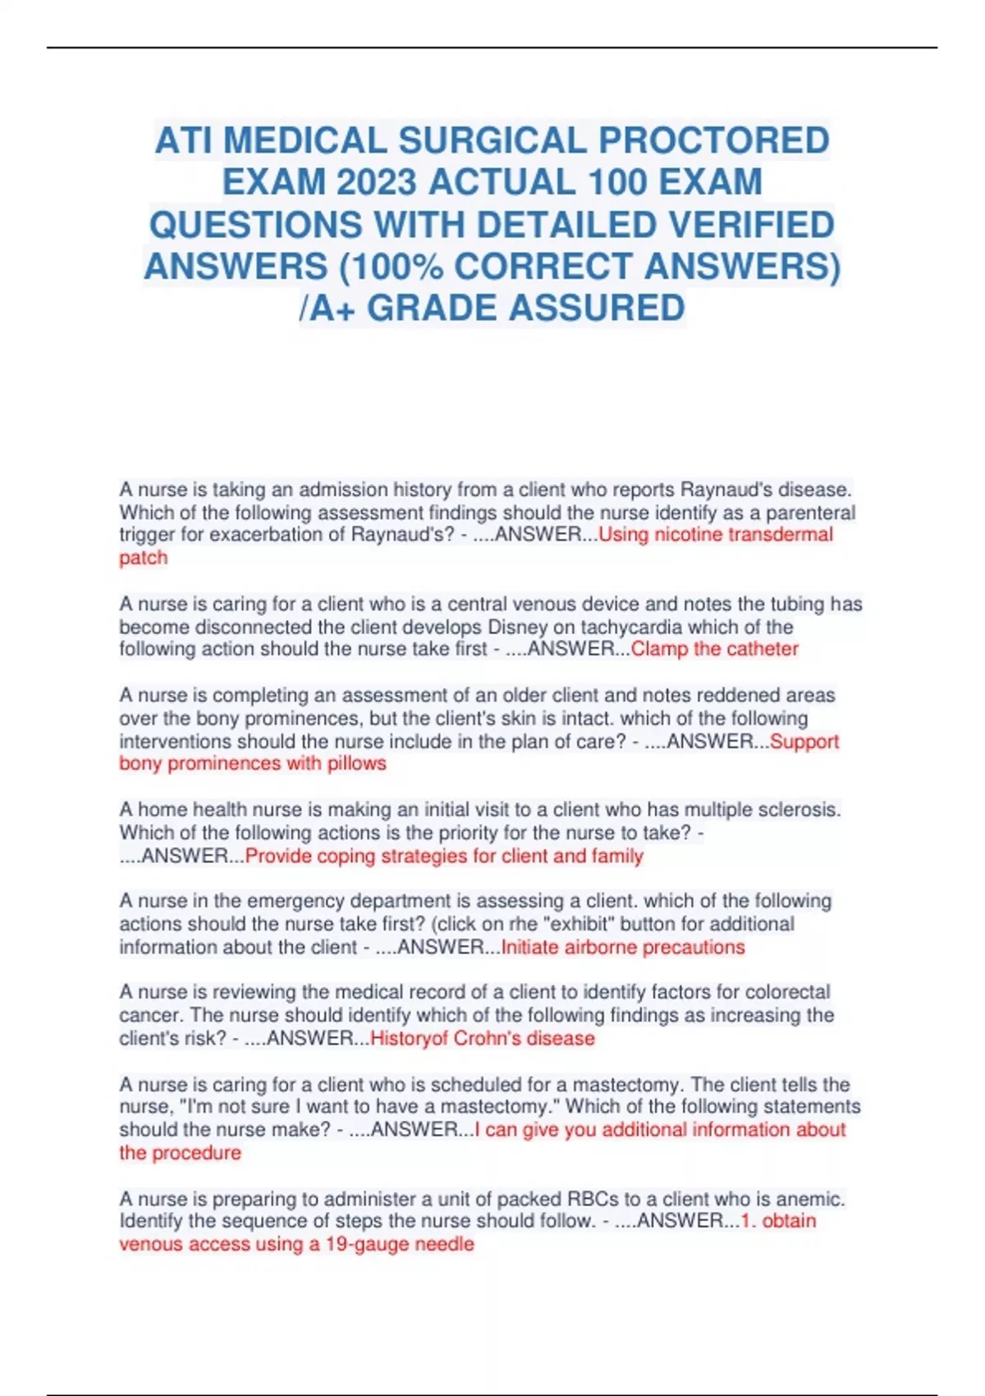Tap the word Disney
coord(518,627)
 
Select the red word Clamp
coord(659,650)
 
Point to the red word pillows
coord(356,764)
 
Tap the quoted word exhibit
coord(579,924)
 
